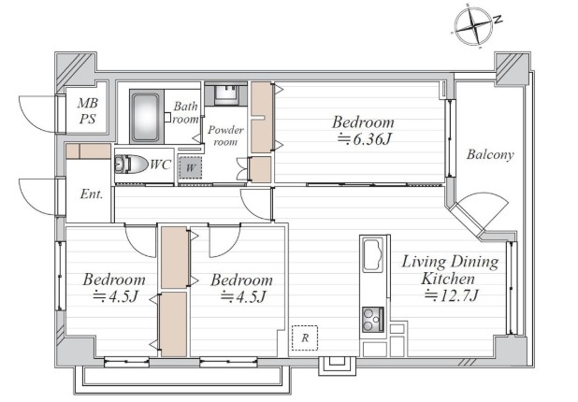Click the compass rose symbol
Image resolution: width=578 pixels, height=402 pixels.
pyautogui.click(x=473, y=26)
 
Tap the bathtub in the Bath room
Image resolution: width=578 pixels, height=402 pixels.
pyautogui.click(x=146, y=117)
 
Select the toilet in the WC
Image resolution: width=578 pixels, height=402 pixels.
pyautogui.click(x=130, y=165)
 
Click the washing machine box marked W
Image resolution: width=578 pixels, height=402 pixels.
pyautogui.click(x=190, y=168)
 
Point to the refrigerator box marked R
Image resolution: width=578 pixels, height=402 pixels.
pyautogui.click(x=305, y=337)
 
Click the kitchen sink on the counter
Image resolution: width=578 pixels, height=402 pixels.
pyautogui.click(x=373, y=255)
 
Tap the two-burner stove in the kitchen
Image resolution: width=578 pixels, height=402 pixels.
pyautogui.click(x=373, y=319)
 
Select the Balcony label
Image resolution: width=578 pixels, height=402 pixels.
pyautogui.click(x=490, y=154)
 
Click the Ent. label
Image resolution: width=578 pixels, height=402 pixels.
pyautogui.click(x=92, y=194)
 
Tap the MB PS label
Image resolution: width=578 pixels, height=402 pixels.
pyautogui.click(x=87, y=110)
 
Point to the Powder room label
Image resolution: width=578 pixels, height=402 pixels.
pyautogui.click(x=225, y=136)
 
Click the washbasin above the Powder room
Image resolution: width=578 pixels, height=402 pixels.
pyautogui.click(x=225, y=93)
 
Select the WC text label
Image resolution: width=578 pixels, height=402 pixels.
pyautogui.click(x=160, y=165)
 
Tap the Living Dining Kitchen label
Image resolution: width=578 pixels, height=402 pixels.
pyautogui.click(x=450, y=270)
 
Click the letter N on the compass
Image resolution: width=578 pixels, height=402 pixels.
pyautogui.click(x=498, y=20)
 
